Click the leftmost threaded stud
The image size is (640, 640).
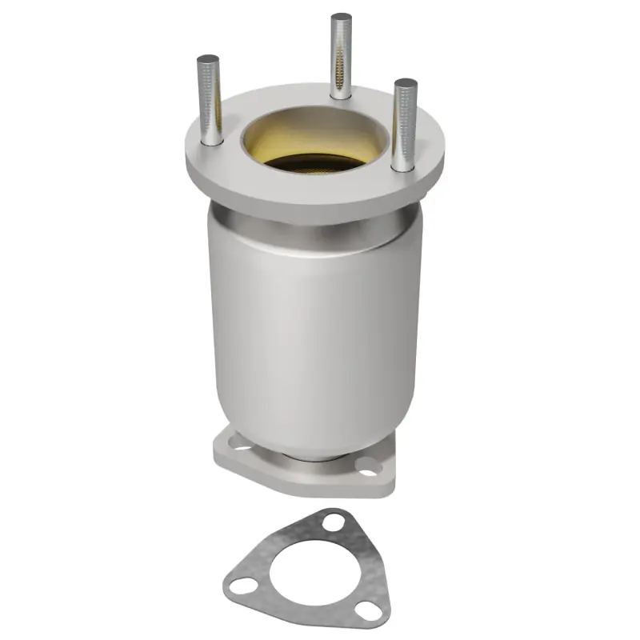tap(210, 100)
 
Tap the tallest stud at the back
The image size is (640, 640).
tap(342, 56)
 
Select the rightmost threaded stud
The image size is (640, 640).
tap(405, 124)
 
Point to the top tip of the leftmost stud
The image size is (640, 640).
tap(208, 59)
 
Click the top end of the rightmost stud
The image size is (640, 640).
tap(406, 82)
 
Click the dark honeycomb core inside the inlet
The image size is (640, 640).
tap(312, 163)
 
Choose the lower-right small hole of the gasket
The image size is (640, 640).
tap(369, 611)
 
